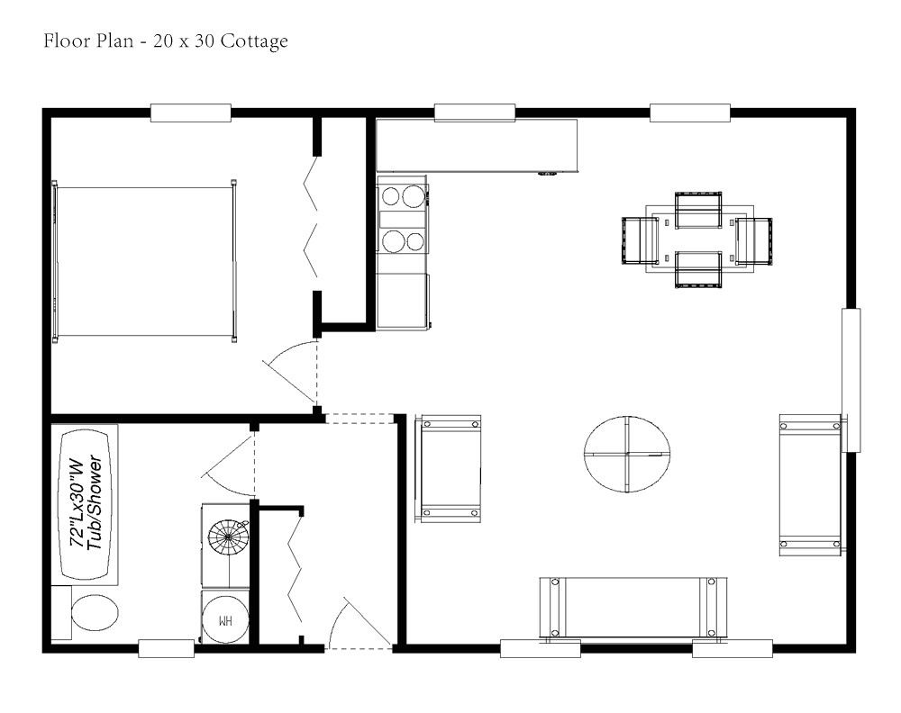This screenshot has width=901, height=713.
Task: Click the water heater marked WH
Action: [224, 619]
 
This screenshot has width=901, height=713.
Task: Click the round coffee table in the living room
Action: [627, 455]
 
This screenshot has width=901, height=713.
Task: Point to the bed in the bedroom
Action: [144, 262]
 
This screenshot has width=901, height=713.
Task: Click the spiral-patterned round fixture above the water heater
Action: [228, 543]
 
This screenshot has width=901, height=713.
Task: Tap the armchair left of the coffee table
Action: [448, 468]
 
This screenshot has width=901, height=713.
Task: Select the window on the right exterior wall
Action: [851, 379]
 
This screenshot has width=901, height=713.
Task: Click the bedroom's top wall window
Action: [191, 113]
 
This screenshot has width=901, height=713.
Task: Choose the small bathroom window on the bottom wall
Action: [167, 647]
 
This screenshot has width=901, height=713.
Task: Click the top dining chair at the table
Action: [698, 209]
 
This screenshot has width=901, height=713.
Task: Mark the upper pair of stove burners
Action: [402, 196]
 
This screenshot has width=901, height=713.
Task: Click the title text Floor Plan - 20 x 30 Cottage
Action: [166, 41]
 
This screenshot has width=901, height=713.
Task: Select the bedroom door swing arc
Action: [288, 374]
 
